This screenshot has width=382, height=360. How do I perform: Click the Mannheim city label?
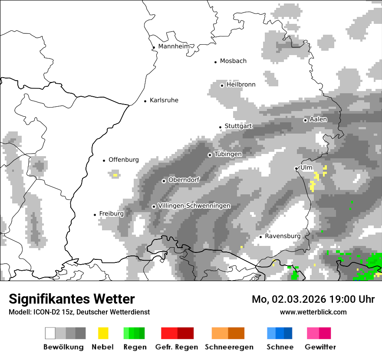coord(174,46)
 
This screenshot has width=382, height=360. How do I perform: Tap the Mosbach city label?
coord(233,61)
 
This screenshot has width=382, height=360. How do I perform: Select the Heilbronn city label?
coord(241,85)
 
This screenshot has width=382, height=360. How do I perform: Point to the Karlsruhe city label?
coord(164,100)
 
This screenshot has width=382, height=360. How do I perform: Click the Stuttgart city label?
coord(238,126)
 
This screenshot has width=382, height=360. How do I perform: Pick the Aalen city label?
coord(318,119)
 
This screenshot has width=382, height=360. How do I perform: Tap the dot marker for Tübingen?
coord(210,155)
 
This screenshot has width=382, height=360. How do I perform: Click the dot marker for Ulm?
coord(296,168)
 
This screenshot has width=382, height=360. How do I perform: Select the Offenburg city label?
coord(124,160)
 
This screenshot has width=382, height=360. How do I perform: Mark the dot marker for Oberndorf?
coord(164,181)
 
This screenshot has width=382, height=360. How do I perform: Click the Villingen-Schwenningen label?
coord(194,206)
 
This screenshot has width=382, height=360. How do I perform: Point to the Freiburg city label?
coord(112,214)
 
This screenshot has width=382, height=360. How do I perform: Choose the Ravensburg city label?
coord(283,236)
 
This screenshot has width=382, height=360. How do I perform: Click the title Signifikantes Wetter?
coord(72,299)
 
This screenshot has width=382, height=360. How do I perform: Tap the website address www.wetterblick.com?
coord(313,312)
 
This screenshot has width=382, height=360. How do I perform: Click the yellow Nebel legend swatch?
coord(103,333)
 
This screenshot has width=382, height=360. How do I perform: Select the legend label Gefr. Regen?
coord(177,347)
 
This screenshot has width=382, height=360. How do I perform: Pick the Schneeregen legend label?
coord(229,347)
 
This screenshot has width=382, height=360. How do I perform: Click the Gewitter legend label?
coord(320,347)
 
